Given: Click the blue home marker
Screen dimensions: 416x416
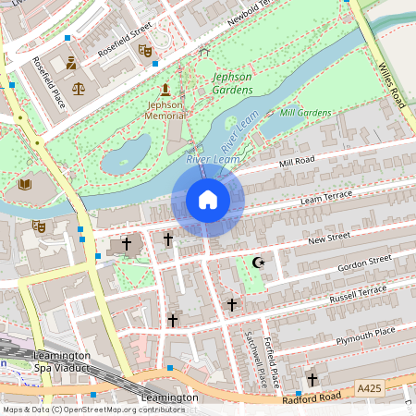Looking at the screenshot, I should point(208,200).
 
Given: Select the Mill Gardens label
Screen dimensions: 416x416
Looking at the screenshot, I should point(305,113).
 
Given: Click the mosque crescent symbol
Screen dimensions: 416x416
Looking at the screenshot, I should point(259,263).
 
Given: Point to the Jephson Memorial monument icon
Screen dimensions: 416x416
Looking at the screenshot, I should point(165,90).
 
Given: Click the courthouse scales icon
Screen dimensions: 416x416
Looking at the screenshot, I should point(78,90).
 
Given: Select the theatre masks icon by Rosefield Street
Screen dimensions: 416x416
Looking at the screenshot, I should point(144,50).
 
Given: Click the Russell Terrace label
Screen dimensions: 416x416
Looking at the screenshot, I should point(358,294).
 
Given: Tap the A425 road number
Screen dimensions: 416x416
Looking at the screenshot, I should point(368,391).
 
